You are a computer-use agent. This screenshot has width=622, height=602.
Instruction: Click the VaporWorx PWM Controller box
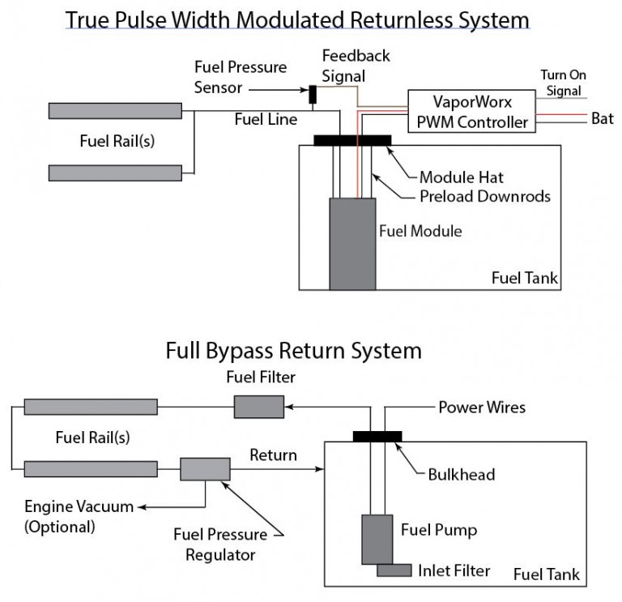[x=471, y=111]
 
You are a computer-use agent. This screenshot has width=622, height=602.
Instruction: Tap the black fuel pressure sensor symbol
[x=312, y=94]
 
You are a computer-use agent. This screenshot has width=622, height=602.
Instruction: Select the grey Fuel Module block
[x=352, y=243]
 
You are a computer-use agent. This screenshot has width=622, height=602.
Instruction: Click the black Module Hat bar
[x=352, y=140]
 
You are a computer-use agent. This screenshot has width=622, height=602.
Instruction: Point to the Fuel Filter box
[x=258, y=407]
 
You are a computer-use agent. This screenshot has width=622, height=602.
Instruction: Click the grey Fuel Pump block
[x=377, y=539]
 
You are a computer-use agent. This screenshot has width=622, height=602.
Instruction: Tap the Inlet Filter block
[x=394, y=571]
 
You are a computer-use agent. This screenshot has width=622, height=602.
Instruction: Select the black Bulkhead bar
[x=377, y=437]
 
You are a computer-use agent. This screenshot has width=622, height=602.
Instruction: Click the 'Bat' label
[x=602, y=119]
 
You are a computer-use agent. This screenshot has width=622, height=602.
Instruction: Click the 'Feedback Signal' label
[x=356, y=65]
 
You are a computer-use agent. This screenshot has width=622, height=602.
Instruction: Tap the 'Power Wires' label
[x=481, y=408]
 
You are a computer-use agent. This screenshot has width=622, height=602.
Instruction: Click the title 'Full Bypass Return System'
[x=293, y=351]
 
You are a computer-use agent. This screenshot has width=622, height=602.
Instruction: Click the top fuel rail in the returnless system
[x=115, y=111]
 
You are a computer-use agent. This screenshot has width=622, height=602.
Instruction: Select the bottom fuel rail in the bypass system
[x=91, y=469]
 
